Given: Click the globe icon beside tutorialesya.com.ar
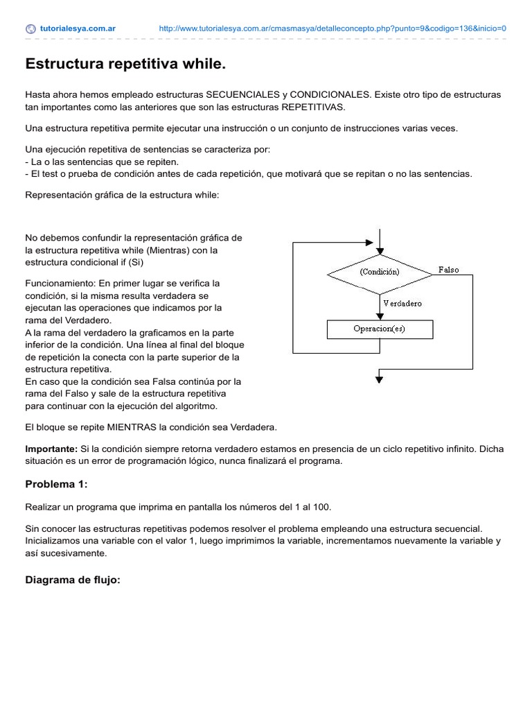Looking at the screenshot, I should tap(30, 29).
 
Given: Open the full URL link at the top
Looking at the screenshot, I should tap(332, 29).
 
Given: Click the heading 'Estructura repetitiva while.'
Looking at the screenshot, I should tap(125, 64).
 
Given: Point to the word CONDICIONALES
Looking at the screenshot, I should tap(329, 94).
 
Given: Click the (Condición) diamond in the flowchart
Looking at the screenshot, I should tap(380, 272).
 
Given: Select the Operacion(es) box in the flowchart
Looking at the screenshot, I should tap(380, 329).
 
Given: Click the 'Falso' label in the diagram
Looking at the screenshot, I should tap(448, 270).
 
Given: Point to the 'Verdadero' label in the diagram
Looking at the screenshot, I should tap(402, 304).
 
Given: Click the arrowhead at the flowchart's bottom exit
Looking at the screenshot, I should tap(380, 378).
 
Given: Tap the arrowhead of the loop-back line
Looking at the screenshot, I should tap(369, 243).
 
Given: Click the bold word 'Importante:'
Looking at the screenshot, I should tap(51, 449).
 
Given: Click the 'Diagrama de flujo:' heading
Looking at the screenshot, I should tap(73, 580).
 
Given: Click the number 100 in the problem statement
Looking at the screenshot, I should tap(321, 508).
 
